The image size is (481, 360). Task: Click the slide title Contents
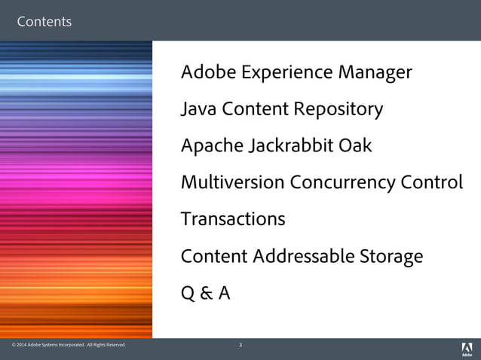[x=44, y=22]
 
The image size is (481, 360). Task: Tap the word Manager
[x=375, y=73]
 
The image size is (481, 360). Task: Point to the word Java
[x=198, y=109]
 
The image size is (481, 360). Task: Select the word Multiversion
[x=233, y=182]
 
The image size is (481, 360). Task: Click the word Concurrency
[x=343, y=183]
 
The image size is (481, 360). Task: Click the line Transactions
[x=233, y=219]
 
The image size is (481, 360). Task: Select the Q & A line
[x=205, y=293]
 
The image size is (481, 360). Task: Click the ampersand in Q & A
[x=205, y=293]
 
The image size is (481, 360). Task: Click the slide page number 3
[x=240, y=346]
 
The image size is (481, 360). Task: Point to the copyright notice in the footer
[x=69, y=346]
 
